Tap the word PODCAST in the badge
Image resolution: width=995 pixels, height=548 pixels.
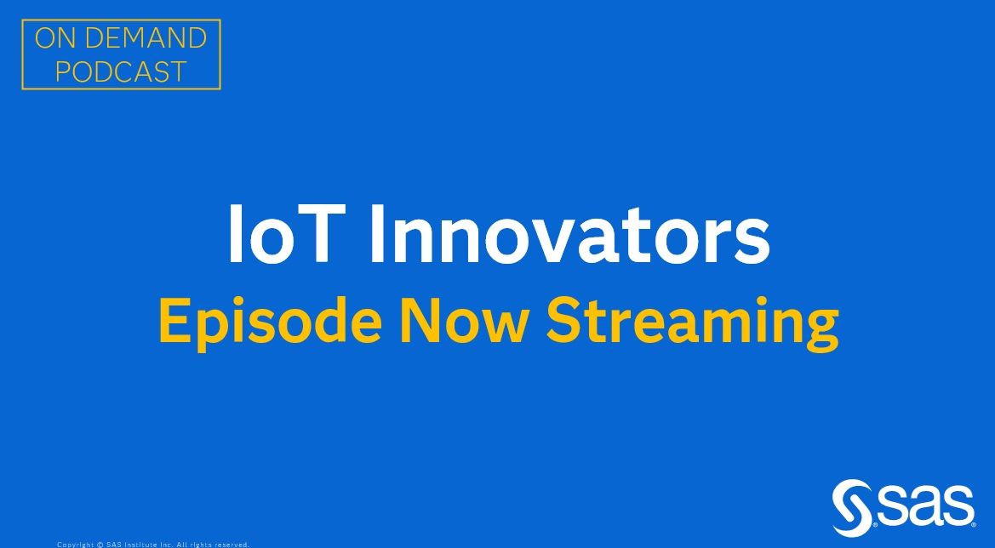click(121, 71)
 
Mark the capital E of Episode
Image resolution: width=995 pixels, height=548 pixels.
click(174, 323)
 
